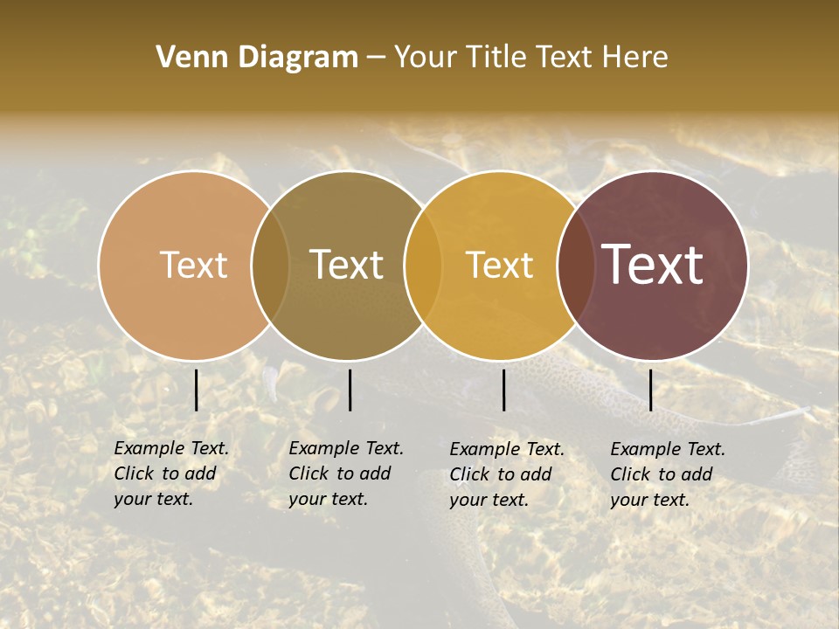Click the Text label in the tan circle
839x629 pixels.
(x=193, y=265)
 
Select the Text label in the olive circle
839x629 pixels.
(x=346, y=265)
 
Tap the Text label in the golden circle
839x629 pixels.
(x=499, y=265)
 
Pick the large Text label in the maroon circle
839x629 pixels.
(x=653, y=265)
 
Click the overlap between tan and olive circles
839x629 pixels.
(x=270, y=265)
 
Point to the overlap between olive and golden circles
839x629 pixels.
(x=423, y=265)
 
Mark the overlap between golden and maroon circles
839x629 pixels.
(x=576, y=265)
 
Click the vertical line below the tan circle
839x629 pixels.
(x=197, y=390)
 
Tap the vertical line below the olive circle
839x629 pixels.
(x=350, y=390)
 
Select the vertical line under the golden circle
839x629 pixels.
(x=503, y=390)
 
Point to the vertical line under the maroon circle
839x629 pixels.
(x=650, y=390)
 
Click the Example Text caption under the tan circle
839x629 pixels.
(x=171, y=473)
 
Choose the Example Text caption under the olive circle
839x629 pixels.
(x=346, y=473)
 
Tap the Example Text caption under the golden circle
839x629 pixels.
(x=507, y=474)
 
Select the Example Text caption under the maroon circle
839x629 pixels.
(x=668, y=474)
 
